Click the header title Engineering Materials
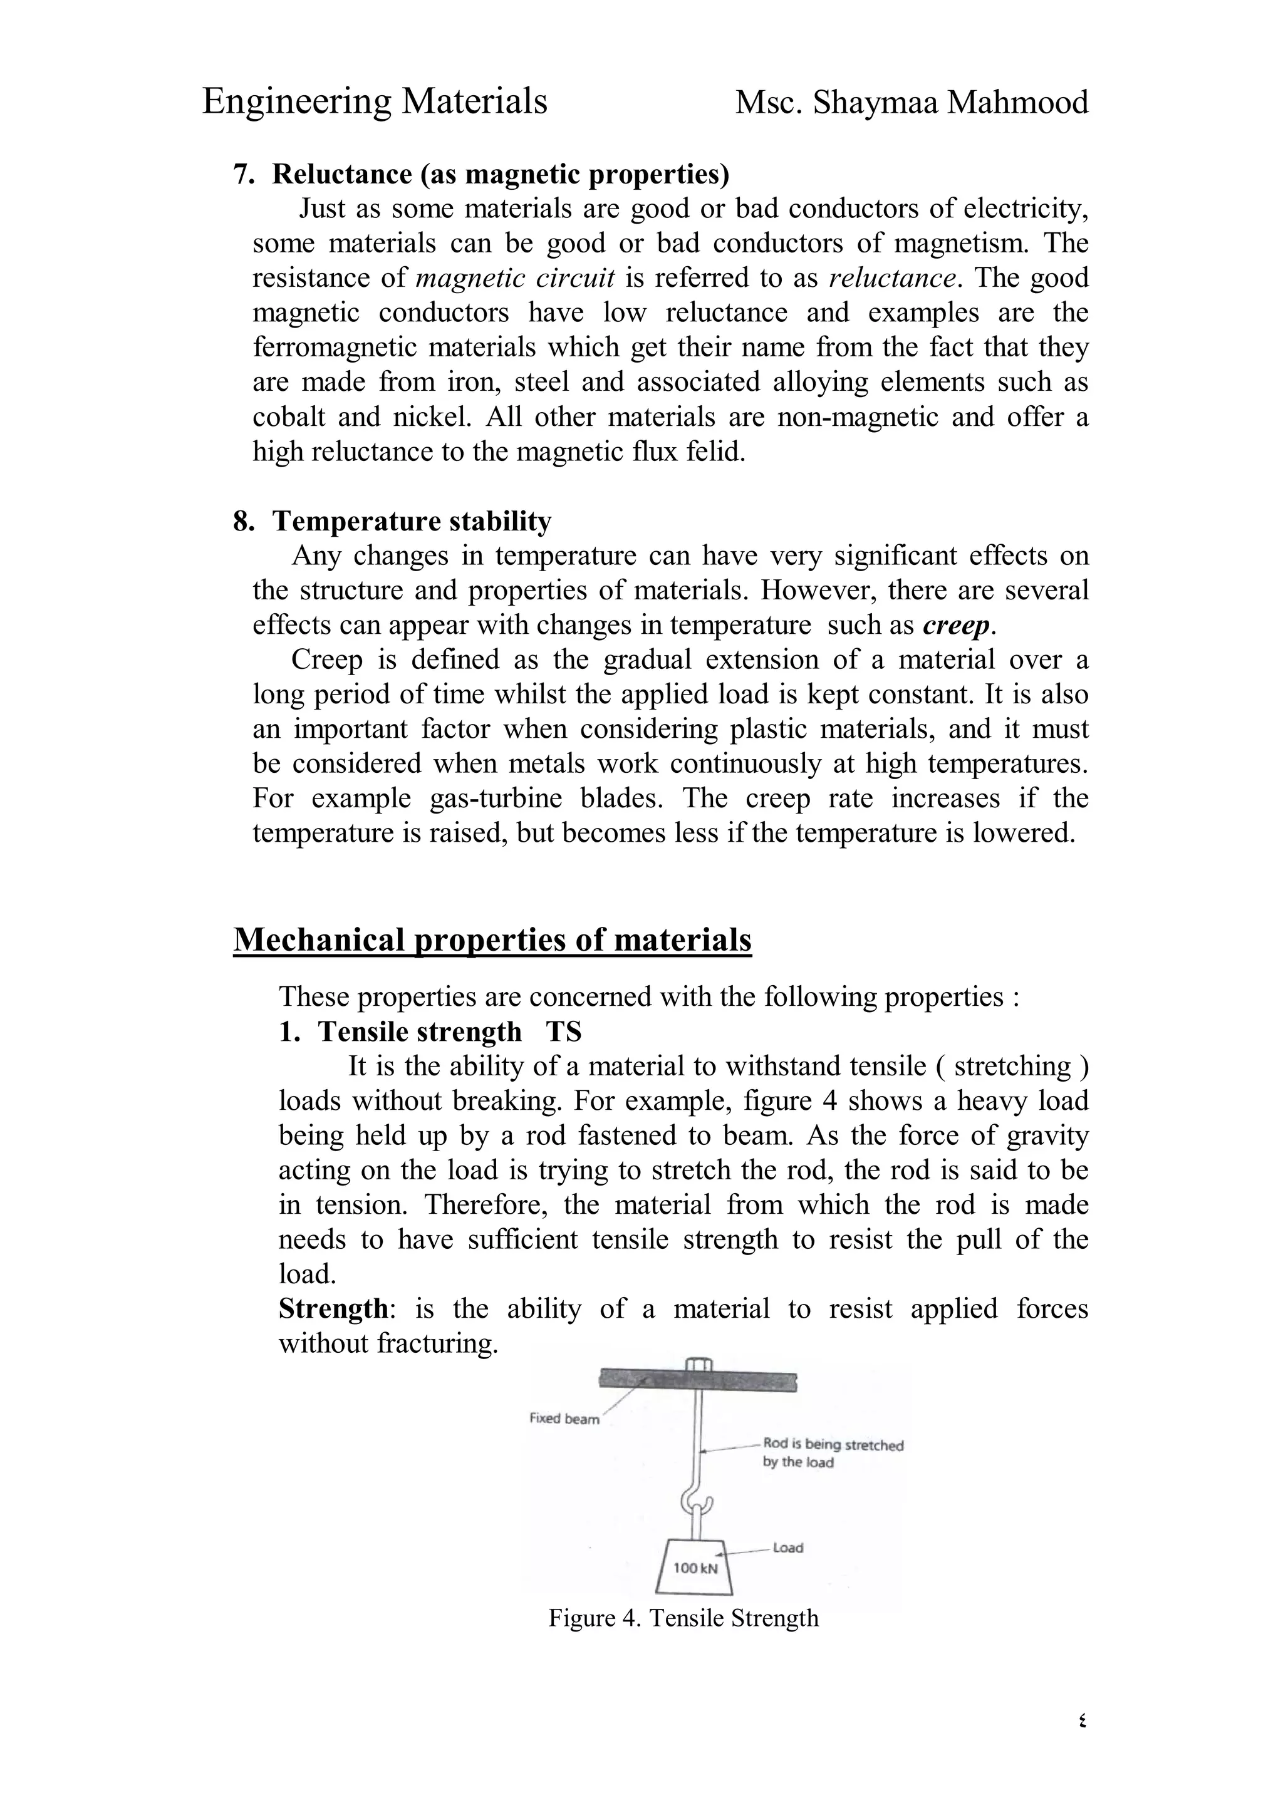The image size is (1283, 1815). pos(375,103)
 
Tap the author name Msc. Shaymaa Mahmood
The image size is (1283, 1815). pos(912,103)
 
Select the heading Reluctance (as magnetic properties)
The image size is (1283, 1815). pos(501,174)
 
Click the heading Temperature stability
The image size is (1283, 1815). pos(412,522)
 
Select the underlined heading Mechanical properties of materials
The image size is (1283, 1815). pos(492,940)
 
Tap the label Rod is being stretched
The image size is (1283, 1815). pos(833,1445)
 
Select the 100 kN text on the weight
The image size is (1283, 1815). pos(695,1568)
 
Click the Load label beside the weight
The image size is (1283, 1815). pos(787,1548)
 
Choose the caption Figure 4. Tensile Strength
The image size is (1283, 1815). pos(683,1619)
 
